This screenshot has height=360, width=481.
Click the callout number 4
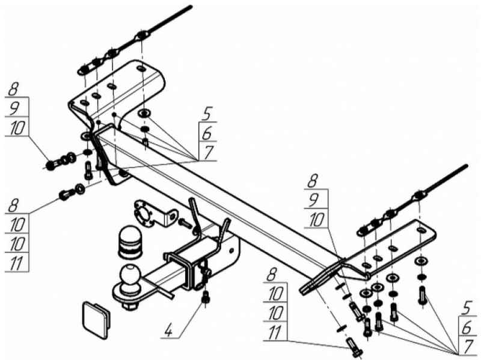click(169, 331)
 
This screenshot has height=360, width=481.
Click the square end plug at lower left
click(96, 320)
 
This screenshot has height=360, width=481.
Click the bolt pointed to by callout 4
click(206, 297)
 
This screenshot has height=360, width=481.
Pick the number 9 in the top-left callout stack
click(14, 108)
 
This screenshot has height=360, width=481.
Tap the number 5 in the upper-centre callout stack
click(208, 115)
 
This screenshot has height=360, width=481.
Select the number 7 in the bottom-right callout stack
click(468, 347)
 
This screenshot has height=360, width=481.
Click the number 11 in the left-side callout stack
click(17, 263)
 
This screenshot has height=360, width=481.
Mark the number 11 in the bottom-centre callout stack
click(275, 333)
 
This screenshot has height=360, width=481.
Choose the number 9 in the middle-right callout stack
click(313, 201)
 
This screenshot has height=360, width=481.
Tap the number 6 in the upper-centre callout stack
click(208, 133)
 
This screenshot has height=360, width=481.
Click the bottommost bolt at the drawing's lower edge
click(354, 349)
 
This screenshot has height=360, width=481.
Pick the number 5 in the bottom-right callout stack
click(467, 309)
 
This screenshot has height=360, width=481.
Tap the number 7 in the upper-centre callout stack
click(209, 153)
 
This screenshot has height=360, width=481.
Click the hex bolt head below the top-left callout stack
click(51, 166)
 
